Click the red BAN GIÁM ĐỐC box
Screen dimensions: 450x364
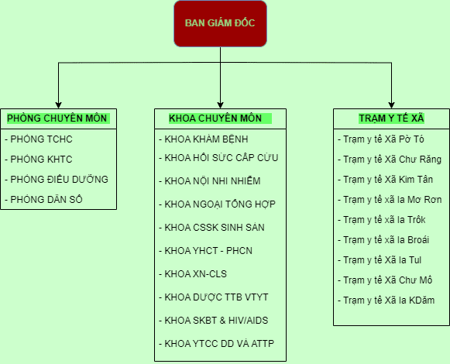220,23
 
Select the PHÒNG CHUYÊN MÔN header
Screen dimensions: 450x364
57,118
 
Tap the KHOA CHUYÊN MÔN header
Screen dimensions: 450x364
215,118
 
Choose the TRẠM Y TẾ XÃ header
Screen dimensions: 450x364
391,118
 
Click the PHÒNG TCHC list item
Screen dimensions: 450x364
39,139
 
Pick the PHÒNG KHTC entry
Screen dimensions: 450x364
39,160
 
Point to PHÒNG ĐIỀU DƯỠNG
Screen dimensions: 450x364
57,179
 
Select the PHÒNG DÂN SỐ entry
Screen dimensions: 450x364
43,199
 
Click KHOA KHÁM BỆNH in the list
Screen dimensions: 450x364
204,139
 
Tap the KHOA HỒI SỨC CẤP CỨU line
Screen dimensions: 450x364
218,157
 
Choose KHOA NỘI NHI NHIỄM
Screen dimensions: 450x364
210,181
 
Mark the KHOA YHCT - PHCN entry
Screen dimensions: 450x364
206,251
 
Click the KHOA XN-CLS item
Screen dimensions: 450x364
193,274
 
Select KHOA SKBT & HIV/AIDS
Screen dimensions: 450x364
214,321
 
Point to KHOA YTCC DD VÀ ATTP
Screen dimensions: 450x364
217,343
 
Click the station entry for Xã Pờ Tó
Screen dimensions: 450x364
381,139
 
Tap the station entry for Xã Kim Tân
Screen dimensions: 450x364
386,180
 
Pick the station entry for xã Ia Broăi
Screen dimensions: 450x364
383,240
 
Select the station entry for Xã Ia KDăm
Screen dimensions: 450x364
386,300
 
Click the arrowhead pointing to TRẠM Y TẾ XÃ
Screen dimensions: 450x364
391,105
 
